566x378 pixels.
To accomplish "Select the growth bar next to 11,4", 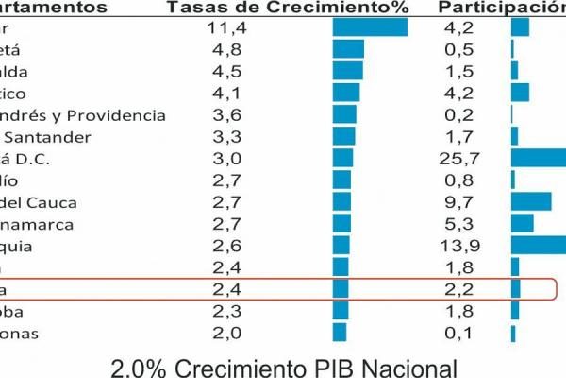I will (x=370, y=27).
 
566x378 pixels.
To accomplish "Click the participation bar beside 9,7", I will (x=531, y=201).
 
